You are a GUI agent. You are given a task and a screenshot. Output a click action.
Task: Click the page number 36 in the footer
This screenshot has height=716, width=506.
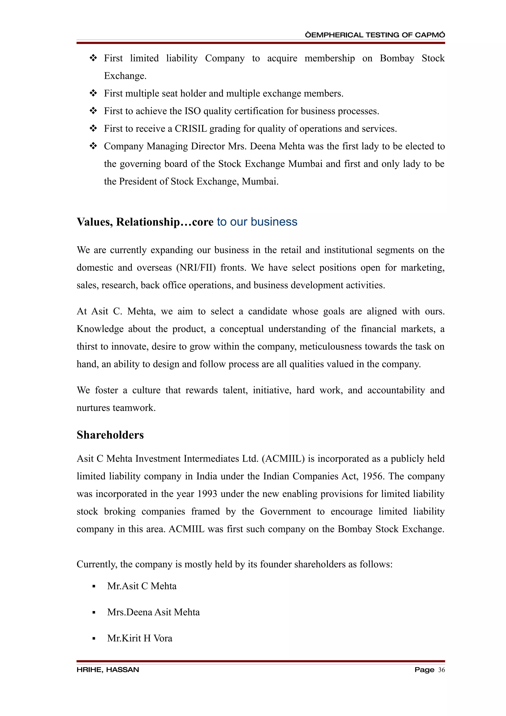click(441, 670)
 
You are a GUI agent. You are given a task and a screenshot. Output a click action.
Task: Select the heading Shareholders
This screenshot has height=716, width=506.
click(110, 435)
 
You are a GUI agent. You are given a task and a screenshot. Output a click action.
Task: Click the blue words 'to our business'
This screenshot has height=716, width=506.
click(257, 222)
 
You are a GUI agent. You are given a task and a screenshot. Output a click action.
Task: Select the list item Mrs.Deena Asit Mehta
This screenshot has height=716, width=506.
click(153, 612)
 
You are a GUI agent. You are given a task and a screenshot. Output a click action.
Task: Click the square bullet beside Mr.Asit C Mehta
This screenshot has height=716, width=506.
click(94, 587)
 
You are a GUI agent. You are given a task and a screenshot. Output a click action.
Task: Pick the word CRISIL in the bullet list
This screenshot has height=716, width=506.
click(190, 128)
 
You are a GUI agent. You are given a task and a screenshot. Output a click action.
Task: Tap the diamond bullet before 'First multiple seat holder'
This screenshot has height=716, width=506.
click(93, 93)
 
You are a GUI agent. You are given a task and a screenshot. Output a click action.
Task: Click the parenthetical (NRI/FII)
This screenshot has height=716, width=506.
click(196, 268)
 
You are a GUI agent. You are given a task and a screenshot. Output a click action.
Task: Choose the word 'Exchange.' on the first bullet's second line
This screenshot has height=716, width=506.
click(125, 76)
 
